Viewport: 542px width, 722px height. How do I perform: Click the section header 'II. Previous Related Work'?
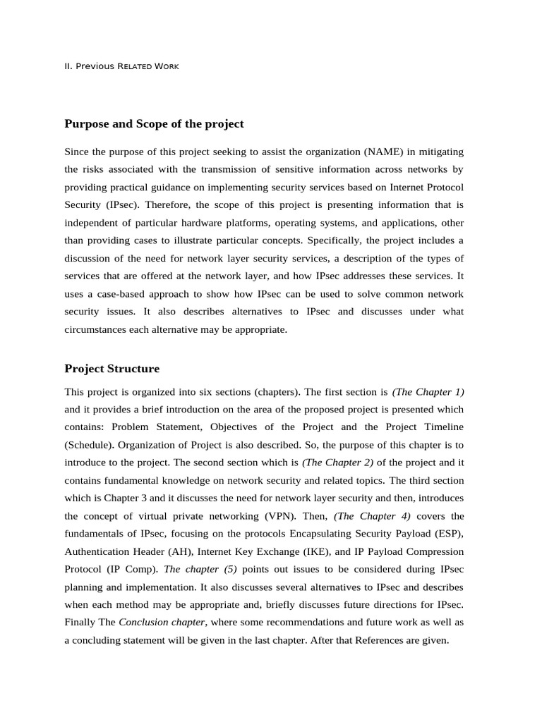(x=121, y=66)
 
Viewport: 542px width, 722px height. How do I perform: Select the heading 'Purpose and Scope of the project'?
(x=154, y=124)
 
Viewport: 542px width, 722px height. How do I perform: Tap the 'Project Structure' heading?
(x=112, y=369)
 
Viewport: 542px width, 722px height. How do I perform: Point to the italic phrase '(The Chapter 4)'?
(x=372, y=516)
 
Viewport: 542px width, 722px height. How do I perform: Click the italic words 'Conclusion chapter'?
(x=162, y=623)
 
